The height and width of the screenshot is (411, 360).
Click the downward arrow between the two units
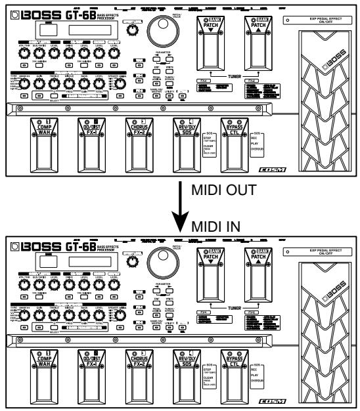pyautogui.click(x=179, y=210)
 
